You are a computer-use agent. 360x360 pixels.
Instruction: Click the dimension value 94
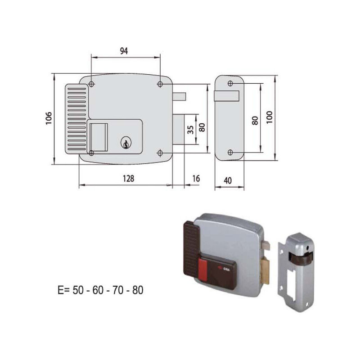pos(124,51)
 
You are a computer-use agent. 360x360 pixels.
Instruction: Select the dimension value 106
pos(49,118)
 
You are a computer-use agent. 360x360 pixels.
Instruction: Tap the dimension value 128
pos(128,178)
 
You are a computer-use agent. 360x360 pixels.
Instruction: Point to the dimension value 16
pos(196,178)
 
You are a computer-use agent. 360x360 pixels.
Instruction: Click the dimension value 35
pos(190,130)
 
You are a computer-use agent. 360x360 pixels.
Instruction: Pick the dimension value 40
pos(228,180)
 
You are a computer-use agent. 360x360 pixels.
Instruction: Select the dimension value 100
pos(269,117)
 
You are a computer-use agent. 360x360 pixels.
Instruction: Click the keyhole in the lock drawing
pos(126,143)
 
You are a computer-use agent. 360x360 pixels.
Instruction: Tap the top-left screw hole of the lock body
pos(91,84)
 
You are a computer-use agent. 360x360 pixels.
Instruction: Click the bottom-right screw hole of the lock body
pos(160,153)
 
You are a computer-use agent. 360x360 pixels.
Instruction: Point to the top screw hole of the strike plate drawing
pos(230,83)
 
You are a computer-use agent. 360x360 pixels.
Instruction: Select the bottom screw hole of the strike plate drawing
pos(230,152)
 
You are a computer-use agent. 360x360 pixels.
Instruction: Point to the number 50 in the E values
pos(78,290)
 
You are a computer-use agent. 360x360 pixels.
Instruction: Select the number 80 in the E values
pos(138,290)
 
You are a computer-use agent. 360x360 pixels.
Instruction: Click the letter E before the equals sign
pos(60,290)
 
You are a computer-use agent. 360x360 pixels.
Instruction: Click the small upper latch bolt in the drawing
pos(179,97)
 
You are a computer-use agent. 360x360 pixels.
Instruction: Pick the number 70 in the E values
pos(118,290)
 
